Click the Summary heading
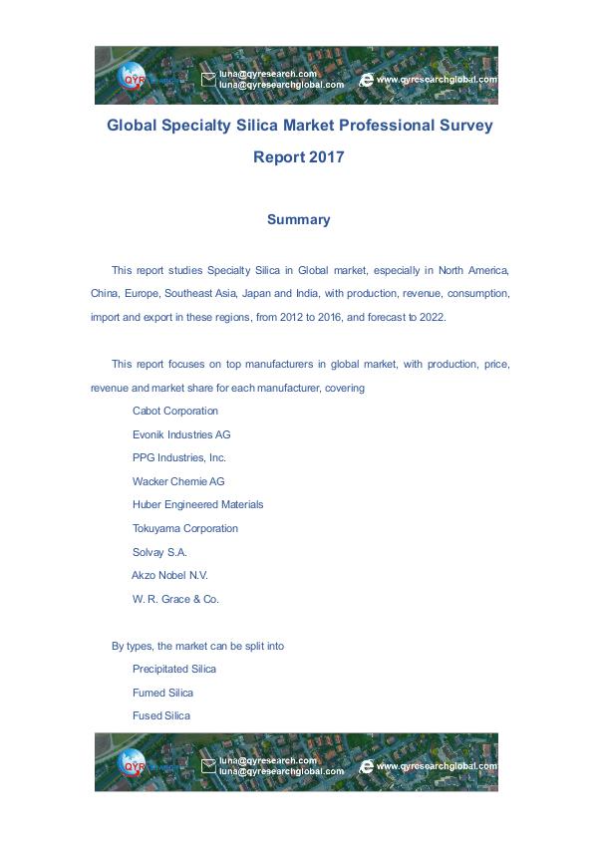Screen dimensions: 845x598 (298, 220)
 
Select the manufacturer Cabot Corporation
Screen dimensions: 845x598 (175, 412)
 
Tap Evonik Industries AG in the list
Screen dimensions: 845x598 (181, 434)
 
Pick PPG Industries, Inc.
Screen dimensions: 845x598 (179, 458)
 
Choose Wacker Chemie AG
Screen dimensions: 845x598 (178, 481)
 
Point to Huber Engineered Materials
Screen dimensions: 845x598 (197, 505)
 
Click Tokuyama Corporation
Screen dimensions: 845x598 (185, 529)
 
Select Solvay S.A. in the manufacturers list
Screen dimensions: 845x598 (159, 552)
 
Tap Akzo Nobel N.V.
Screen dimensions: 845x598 (169, 576)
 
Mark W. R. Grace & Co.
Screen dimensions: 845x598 (175, 600)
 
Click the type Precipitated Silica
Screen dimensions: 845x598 (174, 670)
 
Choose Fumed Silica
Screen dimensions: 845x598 (162, 693)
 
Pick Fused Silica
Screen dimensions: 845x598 (161, 716)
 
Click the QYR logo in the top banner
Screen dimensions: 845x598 (134, 77)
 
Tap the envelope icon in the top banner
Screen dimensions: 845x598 (208, 80)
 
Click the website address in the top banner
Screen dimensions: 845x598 (437, 80)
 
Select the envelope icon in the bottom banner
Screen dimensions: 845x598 (208, 766)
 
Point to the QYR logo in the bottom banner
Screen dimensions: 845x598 (134, 764)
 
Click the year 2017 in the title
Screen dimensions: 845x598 (326, 157)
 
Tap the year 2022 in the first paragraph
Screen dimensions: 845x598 (434, 318)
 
